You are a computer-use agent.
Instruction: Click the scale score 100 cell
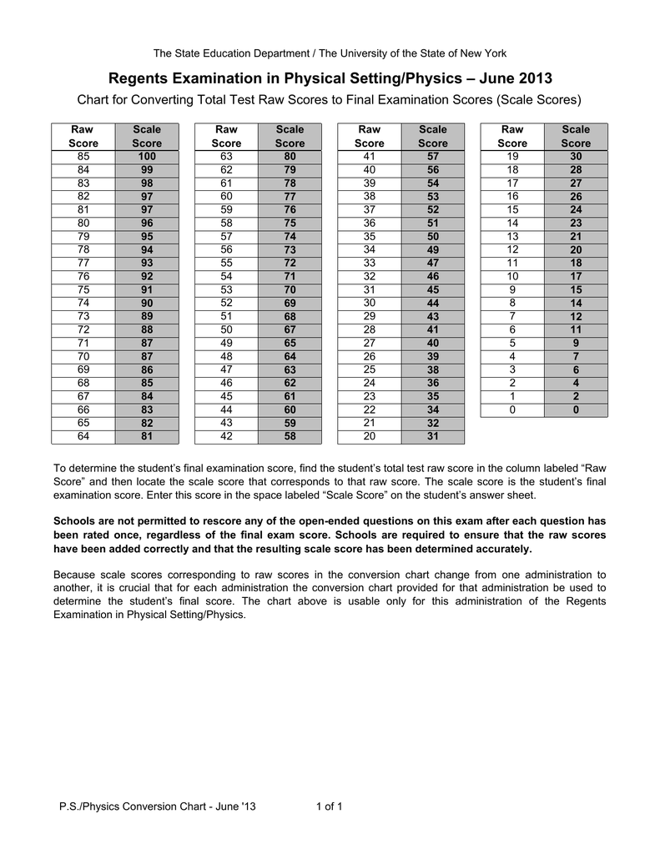click(147, 157)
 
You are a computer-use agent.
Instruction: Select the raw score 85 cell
click(83, 157)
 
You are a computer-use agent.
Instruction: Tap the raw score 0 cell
click(512, 410)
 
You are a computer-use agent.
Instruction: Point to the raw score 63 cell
click(226, 157)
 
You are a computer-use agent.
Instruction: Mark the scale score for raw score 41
click(433, 157)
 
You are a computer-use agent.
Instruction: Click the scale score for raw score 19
click(576, 157)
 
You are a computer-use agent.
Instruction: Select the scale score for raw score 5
click(576, 344)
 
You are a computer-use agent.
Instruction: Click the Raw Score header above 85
click(83, 137)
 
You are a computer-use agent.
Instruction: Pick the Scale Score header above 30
click(576, 137)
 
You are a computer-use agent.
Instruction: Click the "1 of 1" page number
click(330, 806)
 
